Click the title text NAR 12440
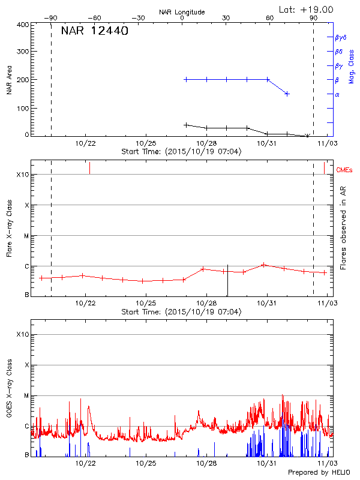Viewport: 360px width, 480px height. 94,31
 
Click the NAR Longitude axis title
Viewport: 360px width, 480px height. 182,12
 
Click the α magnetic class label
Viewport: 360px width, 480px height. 337,94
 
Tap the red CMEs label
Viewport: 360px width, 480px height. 344,170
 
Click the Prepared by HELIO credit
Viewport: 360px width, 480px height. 319,472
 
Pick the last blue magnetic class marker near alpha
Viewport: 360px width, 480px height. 287,94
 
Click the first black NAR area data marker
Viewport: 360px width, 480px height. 186,125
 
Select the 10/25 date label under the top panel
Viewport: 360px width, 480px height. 146,143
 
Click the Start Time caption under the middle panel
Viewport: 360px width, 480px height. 181,312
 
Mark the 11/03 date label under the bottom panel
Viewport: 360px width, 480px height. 327,463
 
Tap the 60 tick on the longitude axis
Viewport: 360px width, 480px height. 269,18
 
